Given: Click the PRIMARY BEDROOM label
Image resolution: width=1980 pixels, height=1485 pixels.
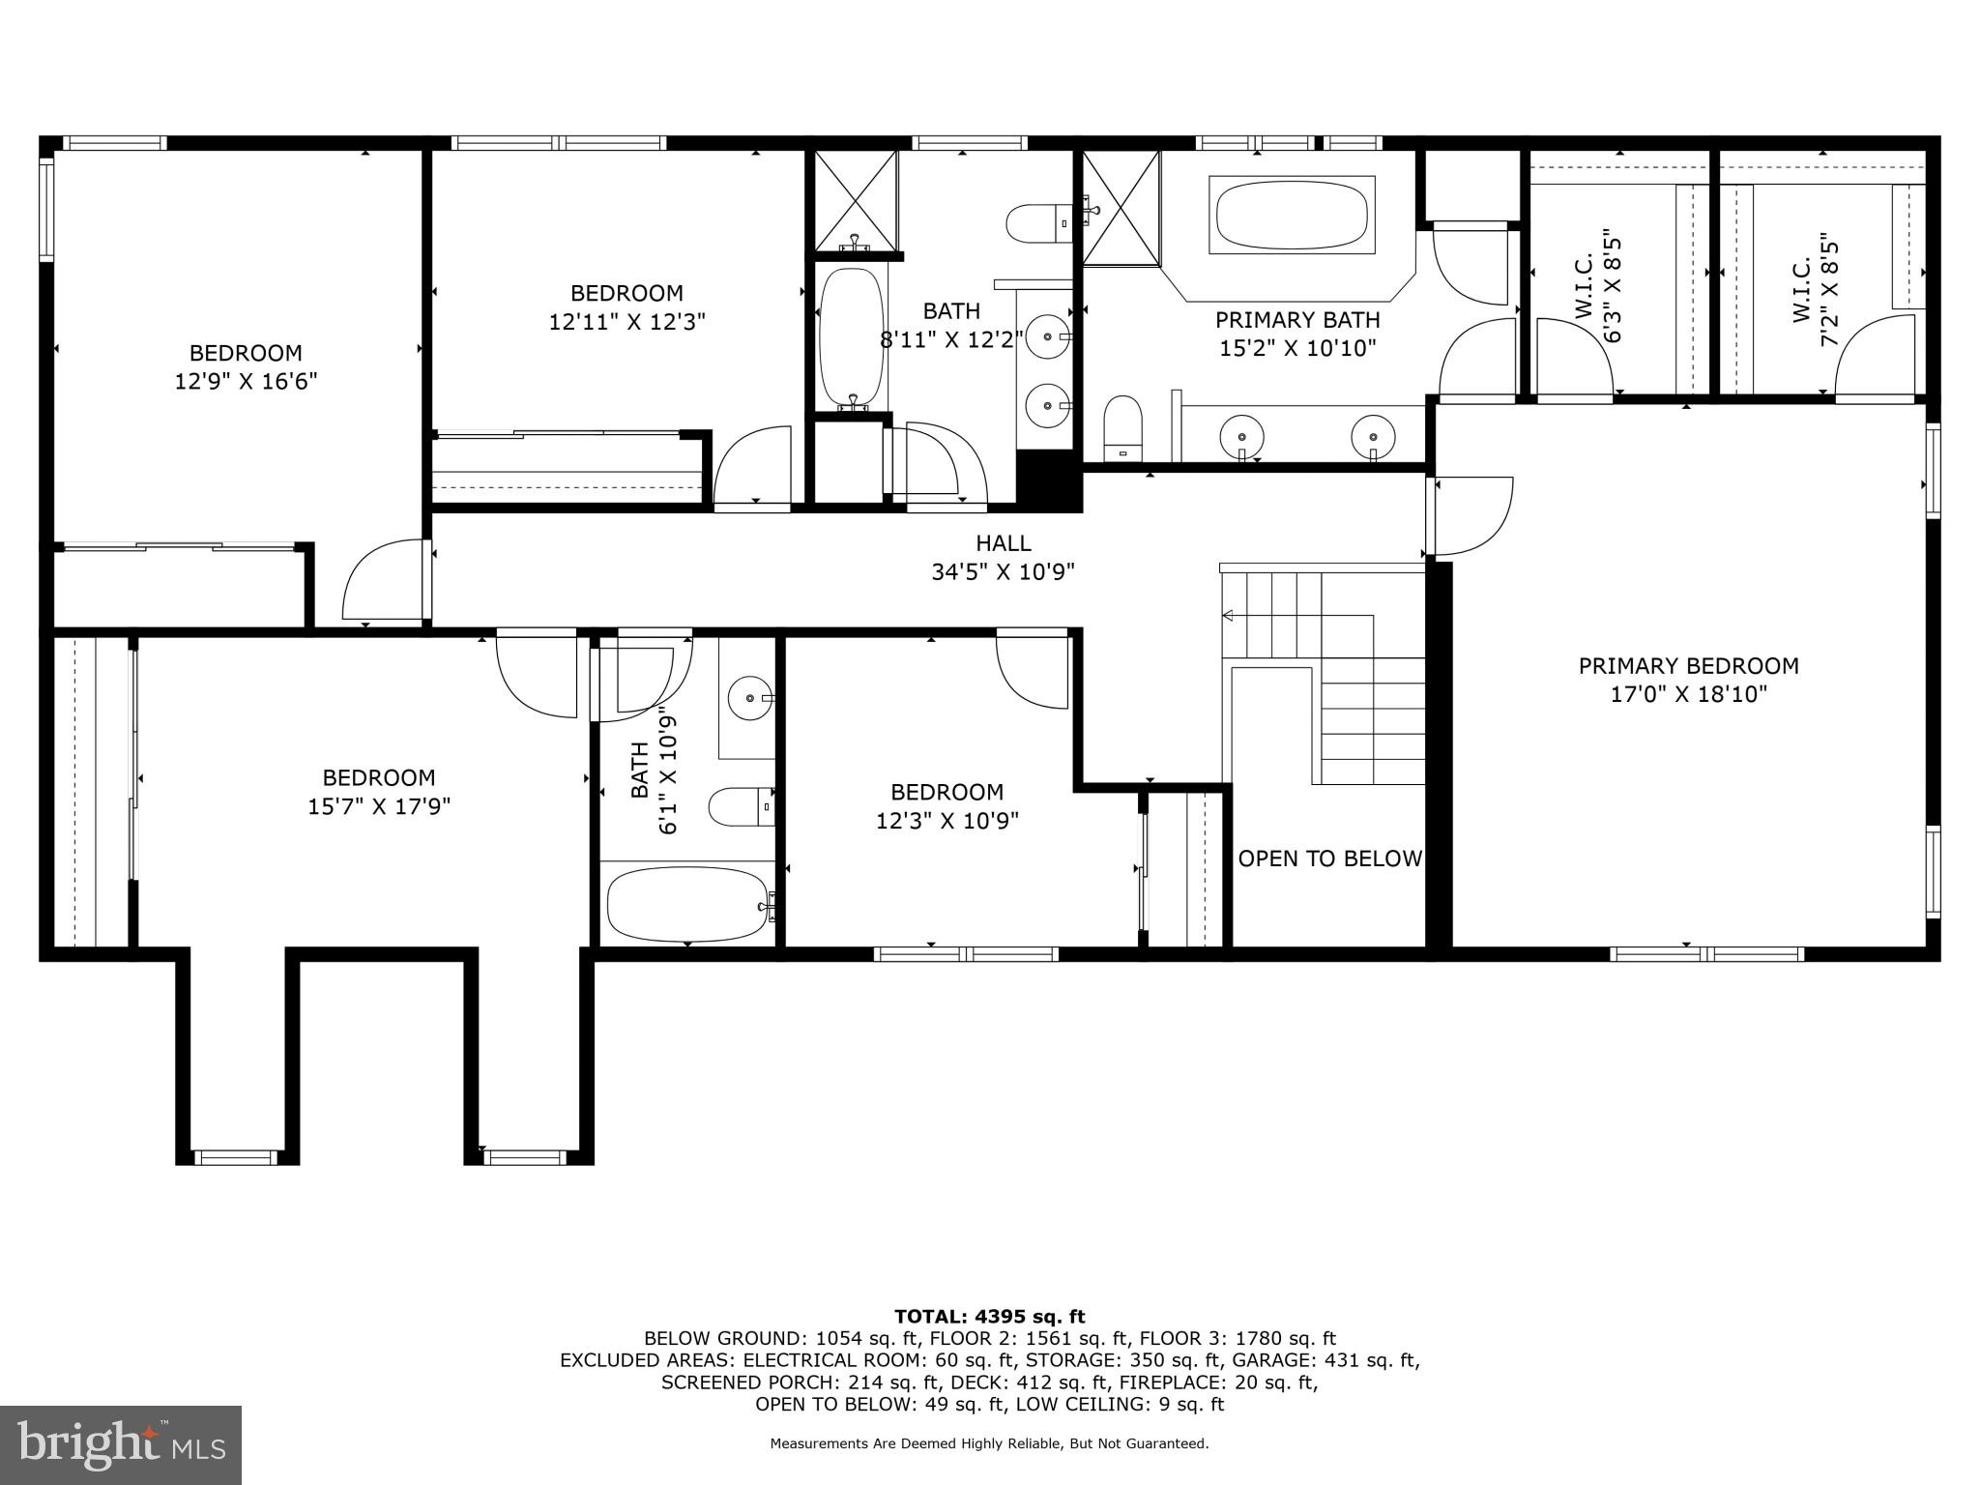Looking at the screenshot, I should (1688, 666).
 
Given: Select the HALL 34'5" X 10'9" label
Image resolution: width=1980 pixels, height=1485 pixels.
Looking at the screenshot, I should (1003, 558).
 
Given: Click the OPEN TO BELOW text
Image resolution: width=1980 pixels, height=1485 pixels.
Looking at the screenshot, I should (1329, 859).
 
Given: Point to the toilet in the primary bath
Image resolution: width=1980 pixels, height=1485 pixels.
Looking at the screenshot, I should (1122, 426).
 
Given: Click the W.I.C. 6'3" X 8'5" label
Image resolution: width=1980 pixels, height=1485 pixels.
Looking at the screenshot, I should (1597, 286).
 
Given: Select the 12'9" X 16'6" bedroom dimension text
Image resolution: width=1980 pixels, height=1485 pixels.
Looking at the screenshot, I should (246, 382).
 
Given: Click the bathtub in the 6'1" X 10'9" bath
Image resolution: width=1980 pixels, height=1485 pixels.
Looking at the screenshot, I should (687, 904).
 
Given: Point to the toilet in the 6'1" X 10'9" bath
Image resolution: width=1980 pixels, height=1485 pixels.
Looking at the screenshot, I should (741, 806).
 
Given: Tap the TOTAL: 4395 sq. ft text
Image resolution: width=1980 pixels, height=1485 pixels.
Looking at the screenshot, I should (989, 1316).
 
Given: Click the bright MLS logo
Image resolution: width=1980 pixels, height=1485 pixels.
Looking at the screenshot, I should (121, 1444).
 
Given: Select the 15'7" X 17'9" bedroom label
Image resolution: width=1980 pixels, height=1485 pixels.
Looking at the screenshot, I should (379, 792).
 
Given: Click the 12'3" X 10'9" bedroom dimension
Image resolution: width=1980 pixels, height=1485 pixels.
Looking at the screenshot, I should (946, 821).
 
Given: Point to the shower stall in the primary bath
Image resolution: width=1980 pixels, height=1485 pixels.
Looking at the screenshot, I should (1120, 208).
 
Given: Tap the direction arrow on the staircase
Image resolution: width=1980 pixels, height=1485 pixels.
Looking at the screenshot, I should (1230, 615).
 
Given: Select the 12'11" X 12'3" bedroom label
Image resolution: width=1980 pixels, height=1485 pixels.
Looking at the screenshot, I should (626, 307).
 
